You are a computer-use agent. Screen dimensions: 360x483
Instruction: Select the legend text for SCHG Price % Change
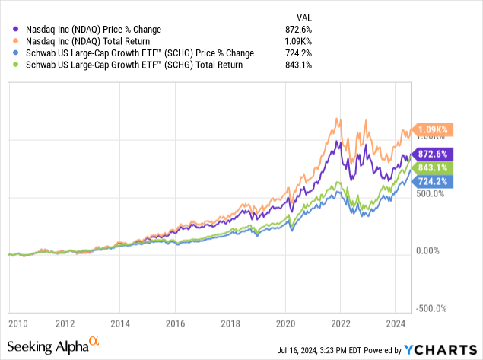click(x=137, y=53)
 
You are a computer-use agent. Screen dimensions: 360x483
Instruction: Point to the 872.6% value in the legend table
click(x=306, y=28)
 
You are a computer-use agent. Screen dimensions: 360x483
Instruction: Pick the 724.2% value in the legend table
click(x=306, y=53)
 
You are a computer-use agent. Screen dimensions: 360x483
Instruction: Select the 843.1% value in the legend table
click(x=306, y=65)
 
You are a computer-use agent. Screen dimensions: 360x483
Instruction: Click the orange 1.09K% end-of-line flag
click(x=432, y=129)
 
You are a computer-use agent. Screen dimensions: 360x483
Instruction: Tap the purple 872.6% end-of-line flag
click(x=432, y=154)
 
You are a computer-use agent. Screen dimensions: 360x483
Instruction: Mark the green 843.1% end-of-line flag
click(x=432, y=168)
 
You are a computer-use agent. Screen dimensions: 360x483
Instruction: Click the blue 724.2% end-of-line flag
click(x=432, y=182)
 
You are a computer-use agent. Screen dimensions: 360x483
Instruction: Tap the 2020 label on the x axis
click(x=286, y=322)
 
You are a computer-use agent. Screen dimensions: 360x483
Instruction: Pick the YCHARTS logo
click(x=441, y=350)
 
